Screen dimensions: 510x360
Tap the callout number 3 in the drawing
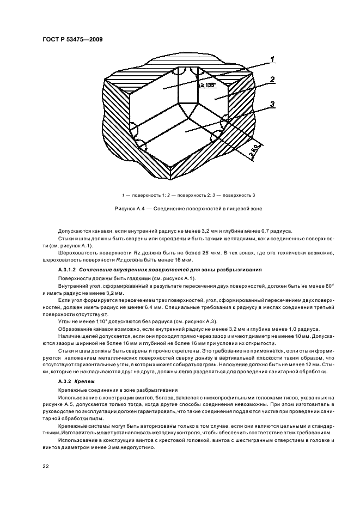click(x=272, y=105)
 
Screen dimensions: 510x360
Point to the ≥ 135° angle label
click(x=206, y=85)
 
